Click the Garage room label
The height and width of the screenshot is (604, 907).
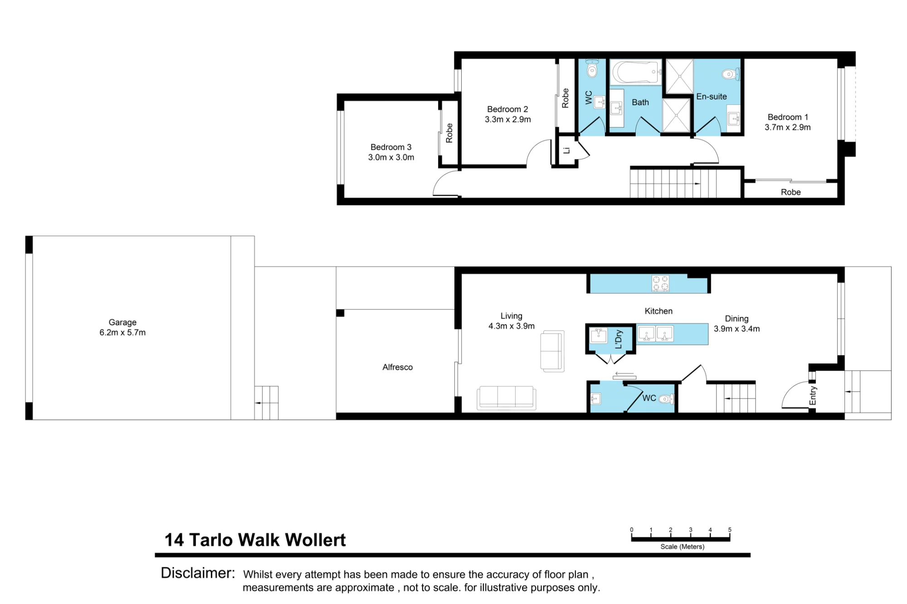[122, 322]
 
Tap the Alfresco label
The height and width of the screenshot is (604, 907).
[397, 367]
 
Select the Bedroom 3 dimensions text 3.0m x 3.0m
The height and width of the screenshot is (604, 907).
[391, 157]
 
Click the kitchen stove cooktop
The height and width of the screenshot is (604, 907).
[660, 283]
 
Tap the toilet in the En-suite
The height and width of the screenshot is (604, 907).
[731, 74]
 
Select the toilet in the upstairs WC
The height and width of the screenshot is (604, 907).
[592, 68]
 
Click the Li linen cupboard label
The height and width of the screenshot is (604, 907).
[566, 150]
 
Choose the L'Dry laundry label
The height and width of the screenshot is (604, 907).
[619, 339]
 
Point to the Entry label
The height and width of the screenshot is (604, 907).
[813, 396]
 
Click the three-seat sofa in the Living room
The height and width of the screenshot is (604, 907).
[507, 398]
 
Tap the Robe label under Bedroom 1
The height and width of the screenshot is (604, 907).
[790, 192]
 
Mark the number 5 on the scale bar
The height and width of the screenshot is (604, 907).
[730, 530]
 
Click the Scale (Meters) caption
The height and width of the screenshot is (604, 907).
[682, 546]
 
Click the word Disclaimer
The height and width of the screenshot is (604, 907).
[198, 573]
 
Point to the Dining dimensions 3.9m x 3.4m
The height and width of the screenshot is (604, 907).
[736, 329]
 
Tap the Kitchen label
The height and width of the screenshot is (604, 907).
[658, 311]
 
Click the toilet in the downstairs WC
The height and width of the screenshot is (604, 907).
[666, 399]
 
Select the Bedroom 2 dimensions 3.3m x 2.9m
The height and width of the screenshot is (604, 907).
[507, 120]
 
